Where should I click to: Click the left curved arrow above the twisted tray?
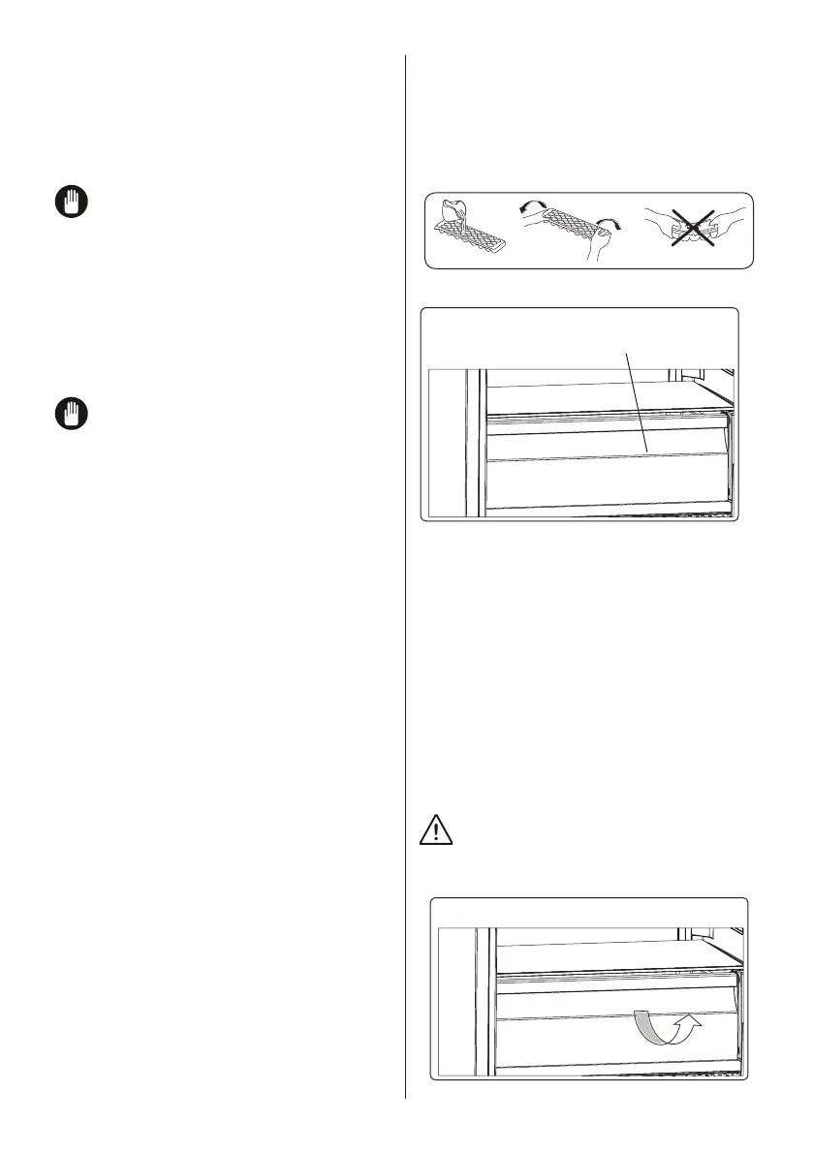532,208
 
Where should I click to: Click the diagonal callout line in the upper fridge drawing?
637,402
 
